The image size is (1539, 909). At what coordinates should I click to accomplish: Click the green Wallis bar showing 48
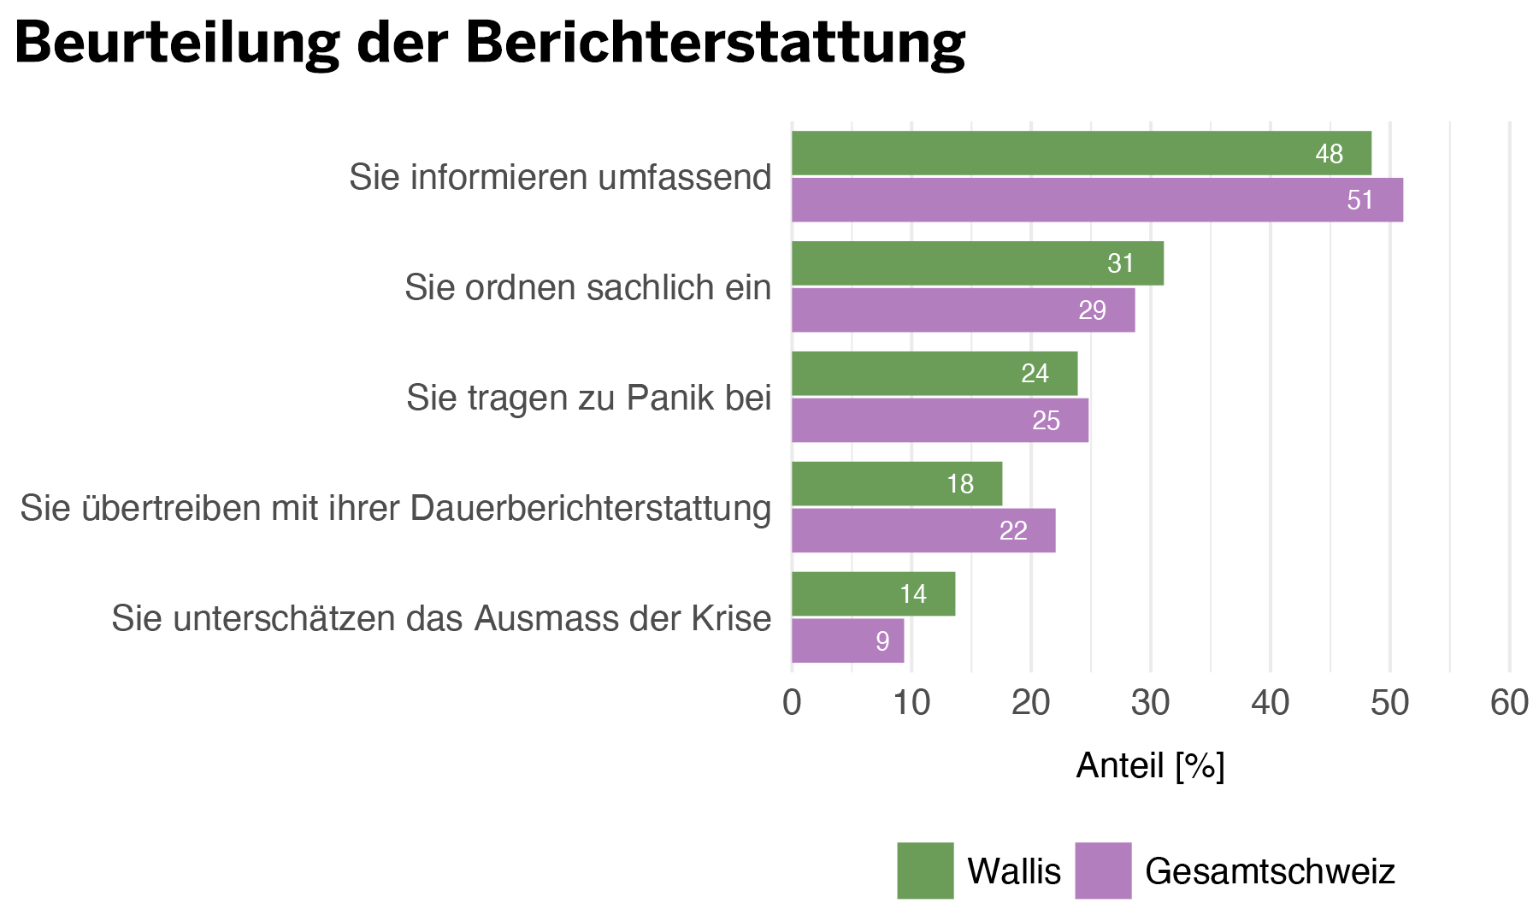[1081, 154]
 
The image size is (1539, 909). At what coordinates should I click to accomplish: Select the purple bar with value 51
[1097, 200]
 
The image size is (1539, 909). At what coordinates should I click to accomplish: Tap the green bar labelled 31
[977, 263]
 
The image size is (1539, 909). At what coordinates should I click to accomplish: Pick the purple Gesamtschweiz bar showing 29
[963, 310]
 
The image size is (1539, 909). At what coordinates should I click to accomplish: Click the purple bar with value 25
[940, 421]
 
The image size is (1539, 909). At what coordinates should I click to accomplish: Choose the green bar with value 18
[896, 484]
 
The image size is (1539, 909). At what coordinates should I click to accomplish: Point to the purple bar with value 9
[847, 641]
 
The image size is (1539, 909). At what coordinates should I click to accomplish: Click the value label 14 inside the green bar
[913, 594]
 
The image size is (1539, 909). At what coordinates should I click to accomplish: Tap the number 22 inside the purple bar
[1013, 531]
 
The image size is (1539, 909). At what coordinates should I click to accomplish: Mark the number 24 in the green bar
[1035, 374]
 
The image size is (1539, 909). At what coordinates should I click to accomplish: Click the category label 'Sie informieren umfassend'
[560, 178]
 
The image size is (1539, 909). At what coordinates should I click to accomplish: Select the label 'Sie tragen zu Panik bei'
[588, 398]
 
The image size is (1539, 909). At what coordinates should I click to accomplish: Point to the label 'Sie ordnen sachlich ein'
[587, 288]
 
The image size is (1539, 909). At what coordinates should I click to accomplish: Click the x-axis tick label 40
[1270, 703]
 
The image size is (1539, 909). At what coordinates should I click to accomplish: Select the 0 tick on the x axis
[792, 703]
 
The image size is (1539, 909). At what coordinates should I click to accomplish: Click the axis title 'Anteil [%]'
[1150, 766]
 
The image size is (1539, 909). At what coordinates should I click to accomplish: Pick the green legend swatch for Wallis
[925, 871]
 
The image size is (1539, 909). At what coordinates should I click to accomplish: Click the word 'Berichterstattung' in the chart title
[716, 43]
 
